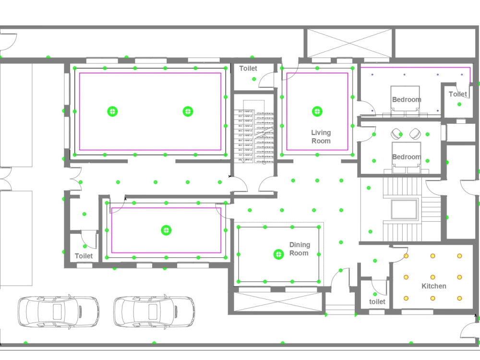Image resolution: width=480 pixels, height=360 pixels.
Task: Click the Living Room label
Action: point(321,137)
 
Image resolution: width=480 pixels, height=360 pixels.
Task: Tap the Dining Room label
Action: point(299,249)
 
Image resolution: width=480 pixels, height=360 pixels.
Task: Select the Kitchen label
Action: point(433,286)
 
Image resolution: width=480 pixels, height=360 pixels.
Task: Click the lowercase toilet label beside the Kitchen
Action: point(377,301)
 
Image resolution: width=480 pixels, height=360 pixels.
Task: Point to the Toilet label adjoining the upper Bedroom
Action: point(457,94)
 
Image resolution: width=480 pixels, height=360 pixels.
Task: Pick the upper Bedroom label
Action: point(407,100)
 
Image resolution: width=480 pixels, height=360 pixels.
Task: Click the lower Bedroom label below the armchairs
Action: point(407,157)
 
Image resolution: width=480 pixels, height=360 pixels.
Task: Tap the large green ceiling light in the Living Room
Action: point(317,111)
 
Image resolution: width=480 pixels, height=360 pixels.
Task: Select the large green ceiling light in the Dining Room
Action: point(278,254)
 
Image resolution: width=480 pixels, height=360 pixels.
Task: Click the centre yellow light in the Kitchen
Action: point(433,277)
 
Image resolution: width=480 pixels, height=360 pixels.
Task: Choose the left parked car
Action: point(59,312)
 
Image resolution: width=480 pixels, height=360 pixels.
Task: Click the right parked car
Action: point(154,312)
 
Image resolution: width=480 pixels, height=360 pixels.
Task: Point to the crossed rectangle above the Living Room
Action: point(349,43)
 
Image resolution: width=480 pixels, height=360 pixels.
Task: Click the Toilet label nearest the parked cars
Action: point(84,256)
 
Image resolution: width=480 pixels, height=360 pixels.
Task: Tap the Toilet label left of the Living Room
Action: point(248,69)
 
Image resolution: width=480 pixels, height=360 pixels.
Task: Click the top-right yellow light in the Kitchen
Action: point(459,256)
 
